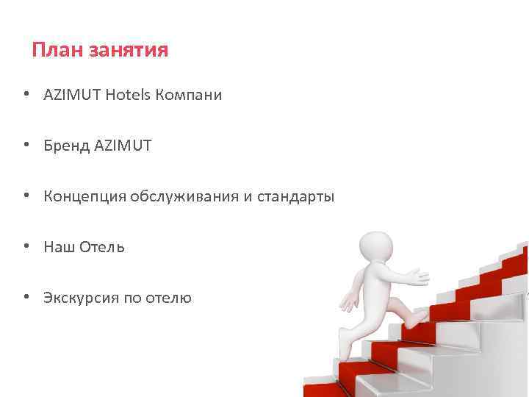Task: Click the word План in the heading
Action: click(x=57, y=50)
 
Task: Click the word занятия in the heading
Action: click(x=129, y=51)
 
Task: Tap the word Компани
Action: click(x=189, y=95)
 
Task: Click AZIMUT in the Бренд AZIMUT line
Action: click(x=123, y=146)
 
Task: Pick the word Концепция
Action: click(x=84, y=197)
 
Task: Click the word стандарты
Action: click(x=295, y=197)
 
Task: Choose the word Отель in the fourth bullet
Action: click(x=102, y=247)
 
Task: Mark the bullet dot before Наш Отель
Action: click(x=26, y=247)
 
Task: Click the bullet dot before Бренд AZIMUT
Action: click(x=26, y=146)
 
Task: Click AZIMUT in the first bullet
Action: click(x=72, y=95)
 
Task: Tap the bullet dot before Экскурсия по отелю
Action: click(x=26, y=298)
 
